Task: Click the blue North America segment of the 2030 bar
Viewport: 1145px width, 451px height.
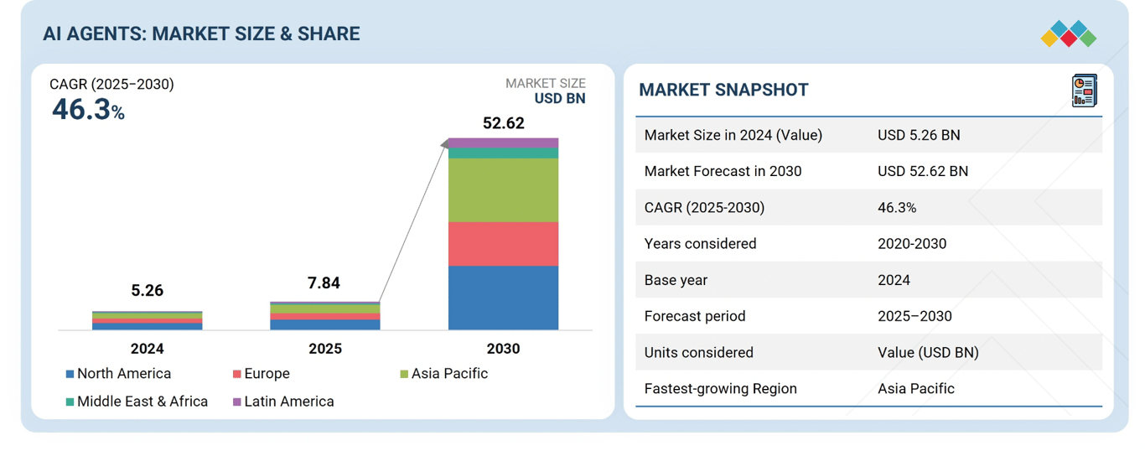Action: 503,298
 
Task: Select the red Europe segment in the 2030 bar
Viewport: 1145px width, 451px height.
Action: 503,244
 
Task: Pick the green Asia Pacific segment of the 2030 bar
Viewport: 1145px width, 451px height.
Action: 503,190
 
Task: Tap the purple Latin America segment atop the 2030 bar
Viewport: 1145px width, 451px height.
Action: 503,143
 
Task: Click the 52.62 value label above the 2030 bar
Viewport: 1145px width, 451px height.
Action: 503,123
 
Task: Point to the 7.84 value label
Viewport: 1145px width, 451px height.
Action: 324,283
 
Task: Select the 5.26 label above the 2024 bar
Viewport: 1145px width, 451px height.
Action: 148,291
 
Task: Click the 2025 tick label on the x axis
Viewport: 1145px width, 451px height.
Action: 325,349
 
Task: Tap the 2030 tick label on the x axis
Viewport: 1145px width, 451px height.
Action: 503,349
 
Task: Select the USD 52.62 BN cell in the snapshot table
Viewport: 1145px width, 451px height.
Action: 922,171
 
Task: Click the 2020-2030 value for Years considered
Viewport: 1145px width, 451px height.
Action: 912,244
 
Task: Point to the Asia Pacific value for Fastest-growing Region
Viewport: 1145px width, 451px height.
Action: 915,389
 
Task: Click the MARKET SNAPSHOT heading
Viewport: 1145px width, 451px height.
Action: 723,91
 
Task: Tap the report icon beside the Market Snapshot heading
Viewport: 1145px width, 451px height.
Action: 1084,91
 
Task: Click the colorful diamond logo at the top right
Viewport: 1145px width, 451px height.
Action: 1068,34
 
